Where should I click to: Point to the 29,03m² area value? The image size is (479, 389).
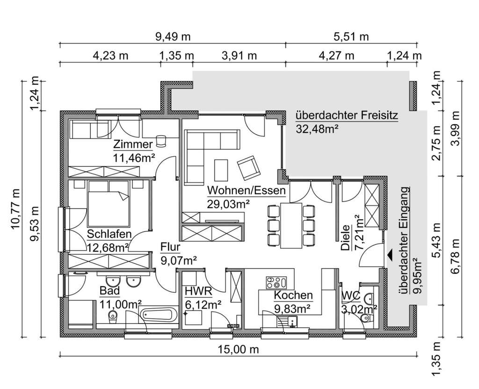(x=228, y=204)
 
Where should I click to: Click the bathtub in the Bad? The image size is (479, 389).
(x=160, y=315)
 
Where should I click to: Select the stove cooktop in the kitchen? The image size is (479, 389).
(x=276, y=282)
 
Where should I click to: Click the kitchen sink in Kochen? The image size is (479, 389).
(x=291, y=321)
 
